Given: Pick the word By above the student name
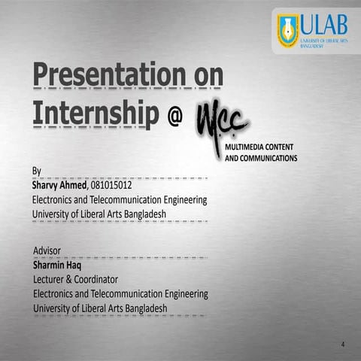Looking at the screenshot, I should pyautogui.click(x=37, y=171).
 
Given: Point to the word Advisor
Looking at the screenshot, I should pyautogui.click(x=47, y=250).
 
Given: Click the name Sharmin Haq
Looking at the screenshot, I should pyautogui.click(x=57, y=264).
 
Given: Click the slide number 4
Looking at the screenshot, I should pyautogui.click(x=342, y=344).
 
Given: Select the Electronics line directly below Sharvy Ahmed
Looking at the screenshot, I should pyautogui.click(x=120, y=200).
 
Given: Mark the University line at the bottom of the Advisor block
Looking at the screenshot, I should pyautogui.click(x=99, y=308).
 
